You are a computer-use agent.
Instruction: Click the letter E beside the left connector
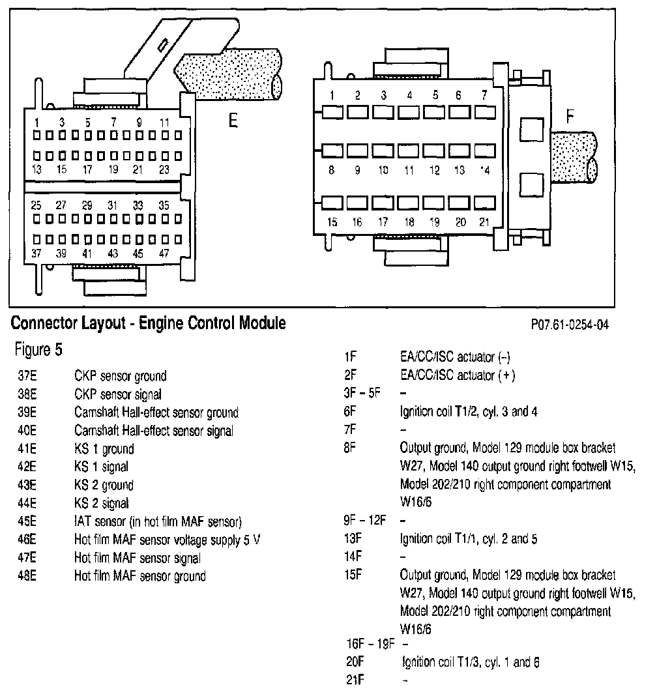coord(232,121)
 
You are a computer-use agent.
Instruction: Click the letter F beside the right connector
coord(570,117)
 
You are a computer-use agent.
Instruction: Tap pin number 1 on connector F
coord(332,96)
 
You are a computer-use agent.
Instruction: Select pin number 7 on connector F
coord(484,96)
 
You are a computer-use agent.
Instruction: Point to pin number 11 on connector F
coord(409,171)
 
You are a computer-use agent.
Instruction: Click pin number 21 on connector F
coord(484,222)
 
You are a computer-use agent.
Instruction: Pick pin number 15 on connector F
coord(332,222)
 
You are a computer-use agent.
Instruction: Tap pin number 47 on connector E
coord(164,254)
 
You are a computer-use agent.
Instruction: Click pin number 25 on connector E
coord(36,205)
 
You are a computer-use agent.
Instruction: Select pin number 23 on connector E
coord(164,169)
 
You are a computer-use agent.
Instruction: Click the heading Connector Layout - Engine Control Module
coord(149,323)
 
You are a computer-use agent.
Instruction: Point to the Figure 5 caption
coord(38,350)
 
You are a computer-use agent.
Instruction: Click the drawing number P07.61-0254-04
coord(570,325)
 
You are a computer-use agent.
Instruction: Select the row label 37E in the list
coord(27,376)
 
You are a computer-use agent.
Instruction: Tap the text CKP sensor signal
coord(118,394)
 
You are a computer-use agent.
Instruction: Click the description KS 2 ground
coord(104,485)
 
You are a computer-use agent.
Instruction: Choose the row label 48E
coord(27,575)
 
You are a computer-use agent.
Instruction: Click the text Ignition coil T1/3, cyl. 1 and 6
coord(471,662)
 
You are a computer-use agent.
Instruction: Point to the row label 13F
coord(353,539)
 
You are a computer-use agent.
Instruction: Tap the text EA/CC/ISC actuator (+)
coord(456,375)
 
